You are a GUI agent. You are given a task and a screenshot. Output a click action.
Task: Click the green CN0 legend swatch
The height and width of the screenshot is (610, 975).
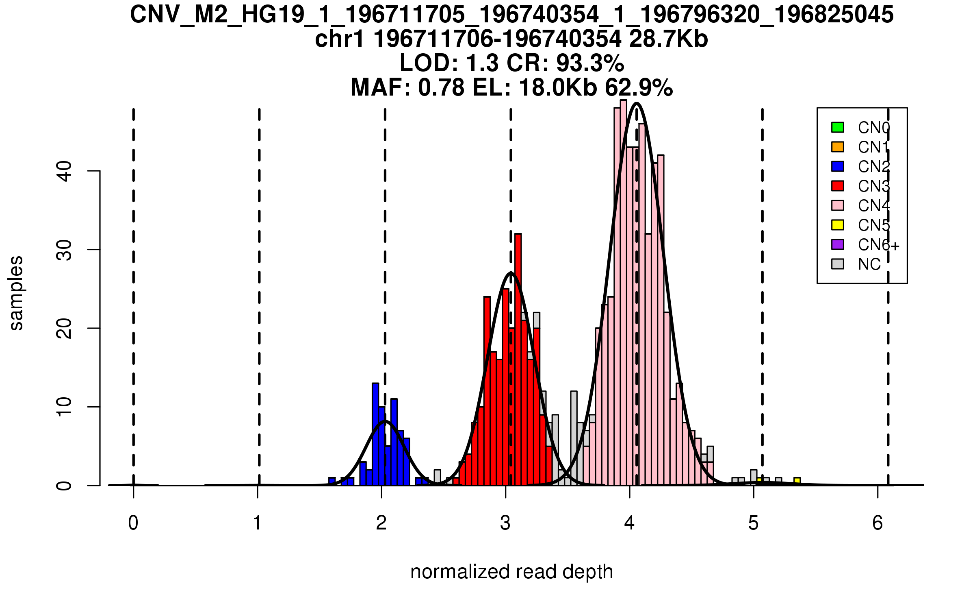coord(838,127)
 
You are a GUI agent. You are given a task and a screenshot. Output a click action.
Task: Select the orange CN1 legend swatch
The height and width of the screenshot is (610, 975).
coord(838,147)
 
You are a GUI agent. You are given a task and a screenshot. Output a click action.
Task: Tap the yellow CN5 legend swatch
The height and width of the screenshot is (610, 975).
coord(838,225)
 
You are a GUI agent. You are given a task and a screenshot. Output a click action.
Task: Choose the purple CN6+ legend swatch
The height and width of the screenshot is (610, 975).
coord(838,244)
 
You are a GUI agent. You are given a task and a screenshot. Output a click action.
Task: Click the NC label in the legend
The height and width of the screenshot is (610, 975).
coord(869,264)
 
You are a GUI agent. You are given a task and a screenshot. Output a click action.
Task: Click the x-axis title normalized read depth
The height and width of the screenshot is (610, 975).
coord(511,572)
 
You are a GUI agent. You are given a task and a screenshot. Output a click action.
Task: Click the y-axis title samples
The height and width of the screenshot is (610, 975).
coord(16,293)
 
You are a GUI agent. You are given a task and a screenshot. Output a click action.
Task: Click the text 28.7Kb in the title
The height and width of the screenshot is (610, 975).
coord(668,39)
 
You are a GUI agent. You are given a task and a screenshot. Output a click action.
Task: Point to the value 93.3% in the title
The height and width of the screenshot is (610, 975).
coord(590,63)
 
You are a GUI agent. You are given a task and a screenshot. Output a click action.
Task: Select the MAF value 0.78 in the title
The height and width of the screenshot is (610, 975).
coord(441,87)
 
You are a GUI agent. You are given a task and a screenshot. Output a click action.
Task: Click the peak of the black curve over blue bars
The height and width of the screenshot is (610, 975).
coord(385,421)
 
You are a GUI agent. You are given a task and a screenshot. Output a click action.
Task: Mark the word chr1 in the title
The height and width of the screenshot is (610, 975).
coord(339,39)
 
